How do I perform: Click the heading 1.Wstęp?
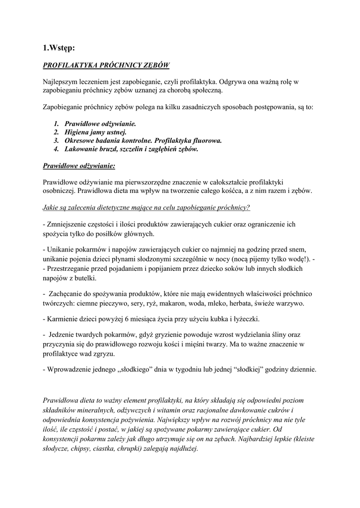click(x=59, y=48)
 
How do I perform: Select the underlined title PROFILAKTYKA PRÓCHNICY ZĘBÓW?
click(x=106, y=65)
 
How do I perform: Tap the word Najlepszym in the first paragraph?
click(x=60, y=81)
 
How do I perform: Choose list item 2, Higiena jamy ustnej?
click(x=95, y=132)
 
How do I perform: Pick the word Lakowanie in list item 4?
click(x=82, y=149)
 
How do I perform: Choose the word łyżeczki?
click(x=243, y=318)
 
